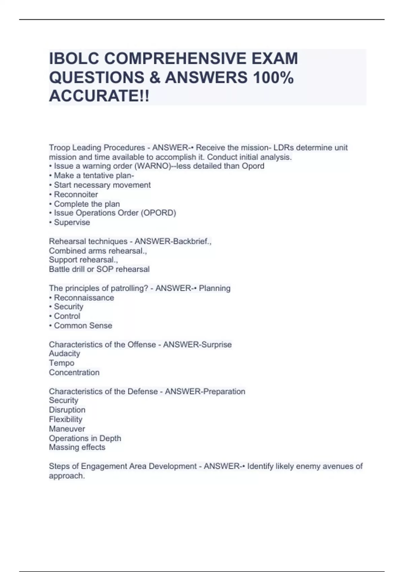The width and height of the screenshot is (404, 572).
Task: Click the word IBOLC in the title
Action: pos(74,59)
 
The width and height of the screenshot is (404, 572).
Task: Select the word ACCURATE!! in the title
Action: pos(99,96)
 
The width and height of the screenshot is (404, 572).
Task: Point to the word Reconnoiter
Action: pos(76,194)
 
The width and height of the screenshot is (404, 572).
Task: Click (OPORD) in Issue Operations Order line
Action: pos(159,213)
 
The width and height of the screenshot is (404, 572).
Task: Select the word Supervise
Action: pos(72,222)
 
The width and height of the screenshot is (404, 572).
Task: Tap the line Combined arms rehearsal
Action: pos(98,251)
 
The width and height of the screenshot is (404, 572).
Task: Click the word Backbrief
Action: pos(191,242)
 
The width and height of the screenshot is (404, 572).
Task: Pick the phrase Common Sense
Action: pos(83,326)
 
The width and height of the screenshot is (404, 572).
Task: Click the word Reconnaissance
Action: pos(84,298)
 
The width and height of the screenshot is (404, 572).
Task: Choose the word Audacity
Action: pos(64,354)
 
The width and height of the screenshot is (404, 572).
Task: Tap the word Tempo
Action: pos(62,363)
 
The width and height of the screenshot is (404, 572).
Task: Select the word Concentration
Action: pos(74,372)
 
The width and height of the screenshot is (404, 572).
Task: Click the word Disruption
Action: pos(67,410)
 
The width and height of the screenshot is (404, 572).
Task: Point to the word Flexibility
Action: pos(65,419)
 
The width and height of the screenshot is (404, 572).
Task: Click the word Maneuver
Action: pos(67,429)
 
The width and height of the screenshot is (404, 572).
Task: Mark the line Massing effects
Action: pos(77,448)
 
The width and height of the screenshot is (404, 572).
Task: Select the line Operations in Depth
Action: pos(85,438)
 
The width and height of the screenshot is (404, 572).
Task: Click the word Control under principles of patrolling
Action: pos(67,316)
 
